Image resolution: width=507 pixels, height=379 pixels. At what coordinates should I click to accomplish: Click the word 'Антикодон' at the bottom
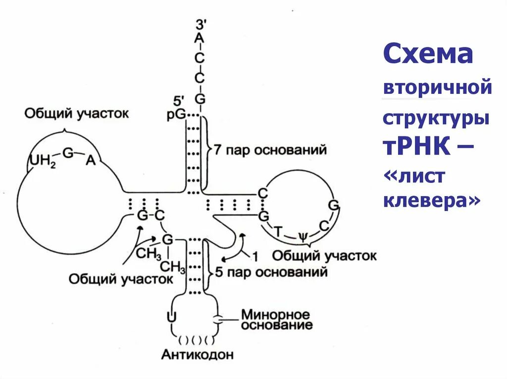coord(197,354)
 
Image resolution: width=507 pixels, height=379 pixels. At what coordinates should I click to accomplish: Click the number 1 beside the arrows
coord(255,256)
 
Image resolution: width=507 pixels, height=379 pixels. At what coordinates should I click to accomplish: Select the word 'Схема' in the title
coord(428,54)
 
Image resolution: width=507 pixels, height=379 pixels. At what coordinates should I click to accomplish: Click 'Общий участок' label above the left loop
coord(77,114)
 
